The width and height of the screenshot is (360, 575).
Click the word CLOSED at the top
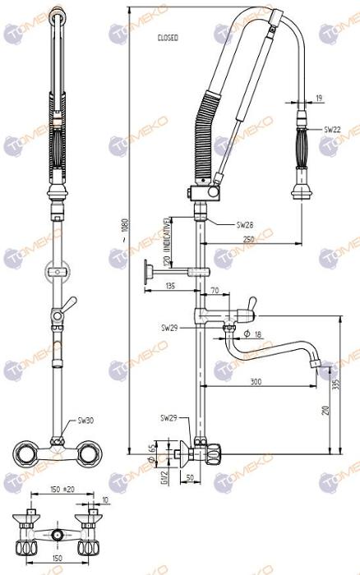tap(168, 38)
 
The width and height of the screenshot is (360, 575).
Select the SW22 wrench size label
tap(332, 129)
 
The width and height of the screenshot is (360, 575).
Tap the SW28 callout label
tap(245, 224)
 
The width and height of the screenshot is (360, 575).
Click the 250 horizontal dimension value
tap(247, 238)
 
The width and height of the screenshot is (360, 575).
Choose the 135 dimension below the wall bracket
tap(169, 286)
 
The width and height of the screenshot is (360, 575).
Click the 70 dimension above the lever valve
tap(215, 291)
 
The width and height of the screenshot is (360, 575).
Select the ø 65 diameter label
tap(151, 451)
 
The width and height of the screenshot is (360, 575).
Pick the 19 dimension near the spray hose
tap(318, 98)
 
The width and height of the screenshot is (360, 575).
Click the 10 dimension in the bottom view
tap(105, 499)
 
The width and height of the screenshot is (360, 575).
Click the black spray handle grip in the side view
tap(302, 149)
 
